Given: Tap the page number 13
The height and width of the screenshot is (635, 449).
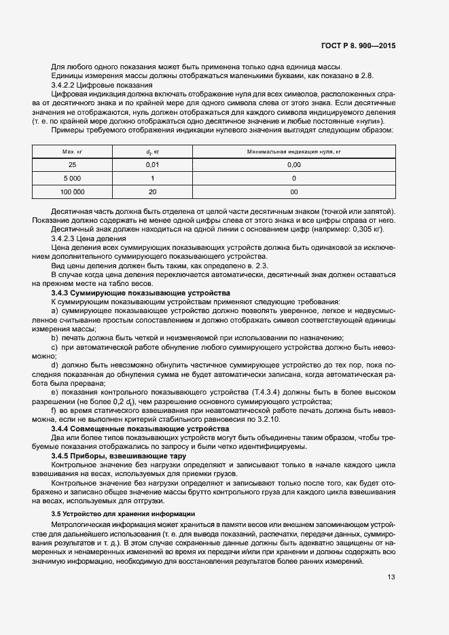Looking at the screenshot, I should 391,577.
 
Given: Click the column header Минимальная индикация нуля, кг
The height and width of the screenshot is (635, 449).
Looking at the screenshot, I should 293,151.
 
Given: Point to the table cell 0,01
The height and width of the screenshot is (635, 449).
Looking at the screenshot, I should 152,164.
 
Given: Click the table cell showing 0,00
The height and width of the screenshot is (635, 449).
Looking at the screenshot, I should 293,164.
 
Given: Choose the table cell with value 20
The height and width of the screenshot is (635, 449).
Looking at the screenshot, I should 152,192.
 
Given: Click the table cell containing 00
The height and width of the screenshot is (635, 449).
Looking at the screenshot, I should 293,192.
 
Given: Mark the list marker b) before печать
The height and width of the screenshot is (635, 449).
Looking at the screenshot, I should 54,338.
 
